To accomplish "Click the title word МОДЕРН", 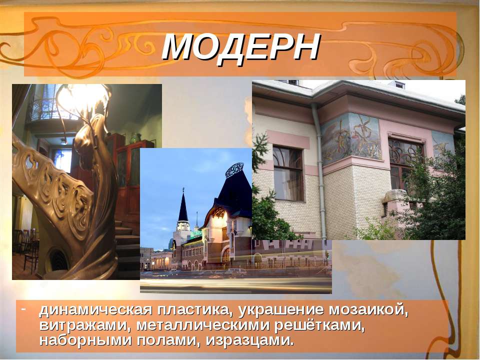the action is click(241, 47).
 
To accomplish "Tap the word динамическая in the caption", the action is click(95, 310).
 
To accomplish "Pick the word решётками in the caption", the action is click(319, 325).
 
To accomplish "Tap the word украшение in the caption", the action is click(280, 310).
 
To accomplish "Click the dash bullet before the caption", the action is click(23, 307).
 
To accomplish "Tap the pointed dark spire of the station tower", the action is click(183, 205).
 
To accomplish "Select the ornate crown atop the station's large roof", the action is click(234, 170).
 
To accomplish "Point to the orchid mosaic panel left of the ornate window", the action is click(351, 138).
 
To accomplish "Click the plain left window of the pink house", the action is click(288, 173).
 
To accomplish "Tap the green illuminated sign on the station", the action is click(196, 234).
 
